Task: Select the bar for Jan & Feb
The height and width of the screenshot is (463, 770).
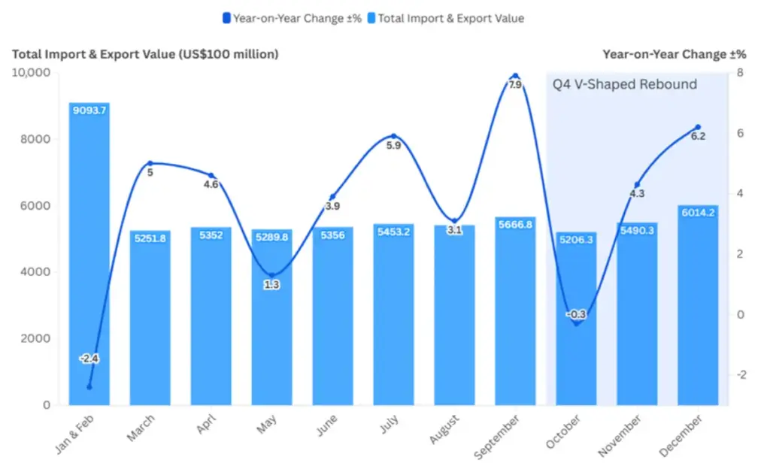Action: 89,256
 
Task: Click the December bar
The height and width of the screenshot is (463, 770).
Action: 698,308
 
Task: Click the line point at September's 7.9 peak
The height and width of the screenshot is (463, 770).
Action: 515,76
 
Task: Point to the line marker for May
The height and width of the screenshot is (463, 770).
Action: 272,276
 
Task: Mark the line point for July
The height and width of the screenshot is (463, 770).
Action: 393,136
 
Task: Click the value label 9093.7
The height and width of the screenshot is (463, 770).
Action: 89,110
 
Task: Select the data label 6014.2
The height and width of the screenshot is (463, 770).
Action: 698,213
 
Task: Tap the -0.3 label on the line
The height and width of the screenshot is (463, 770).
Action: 576,314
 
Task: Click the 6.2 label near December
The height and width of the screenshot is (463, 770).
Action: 698,136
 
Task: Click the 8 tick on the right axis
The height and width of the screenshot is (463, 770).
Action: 741,73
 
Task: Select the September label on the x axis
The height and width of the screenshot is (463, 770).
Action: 497,435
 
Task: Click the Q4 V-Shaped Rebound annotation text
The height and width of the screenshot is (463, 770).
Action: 625,84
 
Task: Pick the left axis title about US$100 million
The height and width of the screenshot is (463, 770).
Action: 145,54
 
